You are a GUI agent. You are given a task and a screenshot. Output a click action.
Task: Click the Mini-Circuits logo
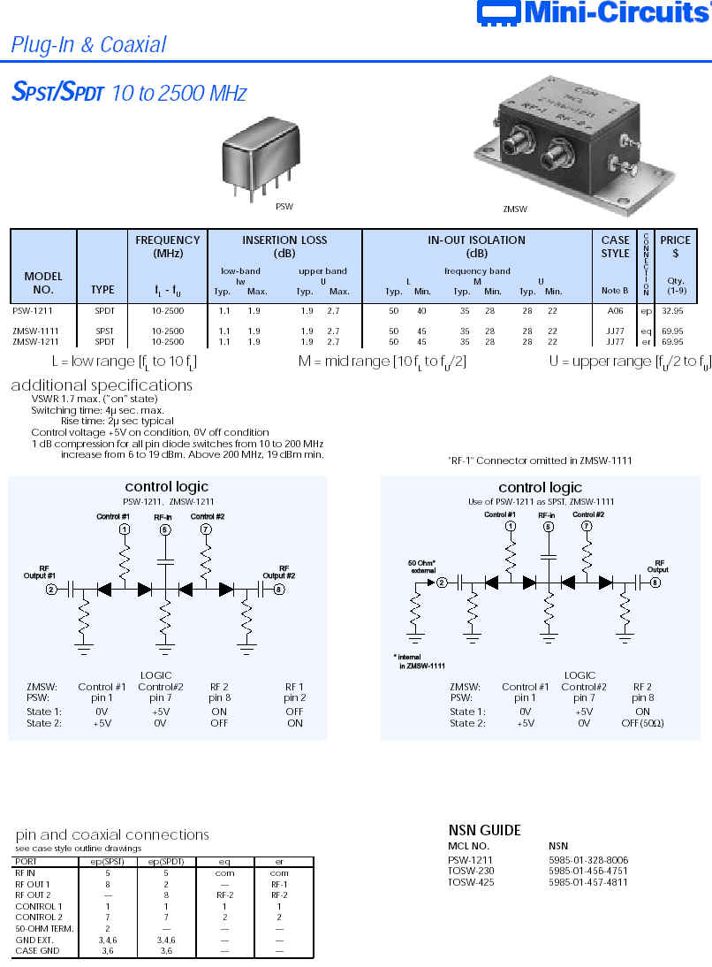(x=593, y=12)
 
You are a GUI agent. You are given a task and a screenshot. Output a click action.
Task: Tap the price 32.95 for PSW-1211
(x=672, y=312)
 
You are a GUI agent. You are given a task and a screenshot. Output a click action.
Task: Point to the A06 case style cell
(x=615, y=312)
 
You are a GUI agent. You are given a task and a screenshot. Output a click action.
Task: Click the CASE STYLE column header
(x=615, y=246)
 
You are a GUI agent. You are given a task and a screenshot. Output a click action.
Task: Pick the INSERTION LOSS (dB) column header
(x=284, y=246)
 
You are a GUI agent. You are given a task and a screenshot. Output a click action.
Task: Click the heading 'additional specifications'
(x=102, y=385)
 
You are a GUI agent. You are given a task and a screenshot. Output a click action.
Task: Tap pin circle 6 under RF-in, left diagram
(x=164, y=529)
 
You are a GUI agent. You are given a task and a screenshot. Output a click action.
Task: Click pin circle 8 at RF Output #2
(x=280, y=589)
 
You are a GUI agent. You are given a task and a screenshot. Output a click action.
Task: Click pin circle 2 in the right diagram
(x=443, y=582)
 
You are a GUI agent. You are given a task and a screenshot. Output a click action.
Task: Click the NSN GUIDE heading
(x=485, y=830)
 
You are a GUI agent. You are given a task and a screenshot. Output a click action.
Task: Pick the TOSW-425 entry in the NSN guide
(x=469, y=882)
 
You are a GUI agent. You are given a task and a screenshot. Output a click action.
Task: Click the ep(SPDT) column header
(x=165, y=861)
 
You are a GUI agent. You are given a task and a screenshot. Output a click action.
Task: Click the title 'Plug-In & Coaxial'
(x=88, y=45)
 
